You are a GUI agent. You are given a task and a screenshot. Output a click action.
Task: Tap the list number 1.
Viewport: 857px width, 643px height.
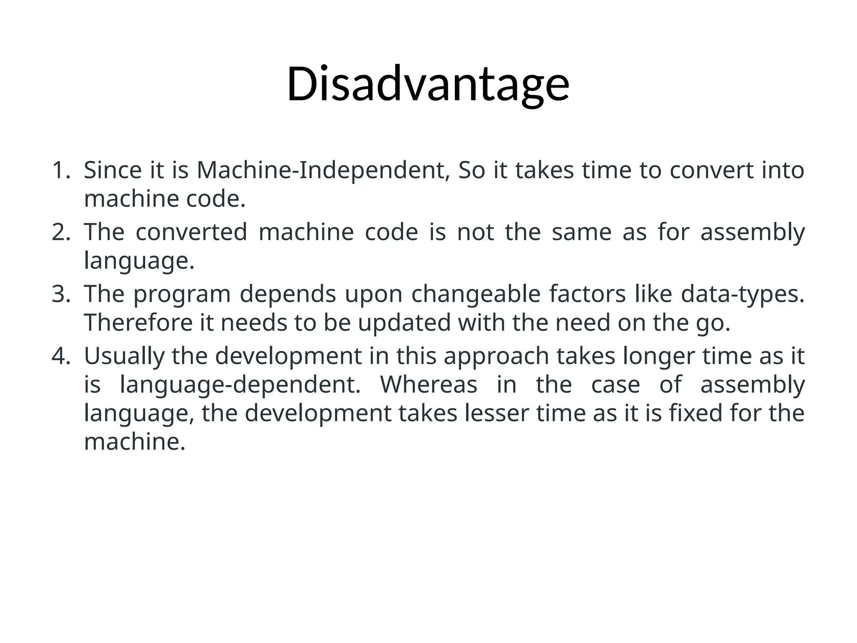60,170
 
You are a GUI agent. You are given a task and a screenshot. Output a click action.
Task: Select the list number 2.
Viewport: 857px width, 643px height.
60,232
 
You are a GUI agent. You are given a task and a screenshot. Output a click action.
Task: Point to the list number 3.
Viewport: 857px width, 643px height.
60,294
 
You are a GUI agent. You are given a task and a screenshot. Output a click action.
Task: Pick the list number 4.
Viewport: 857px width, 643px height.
60,356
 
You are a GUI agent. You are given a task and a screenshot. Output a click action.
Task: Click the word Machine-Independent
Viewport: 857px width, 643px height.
323,170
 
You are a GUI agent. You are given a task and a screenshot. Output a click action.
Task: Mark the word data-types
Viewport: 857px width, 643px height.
742,294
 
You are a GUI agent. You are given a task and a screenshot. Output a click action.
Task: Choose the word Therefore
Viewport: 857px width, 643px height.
138,323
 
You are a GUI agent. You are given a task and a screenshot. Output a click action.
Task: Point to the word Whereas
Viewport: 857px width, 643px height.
428,385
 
